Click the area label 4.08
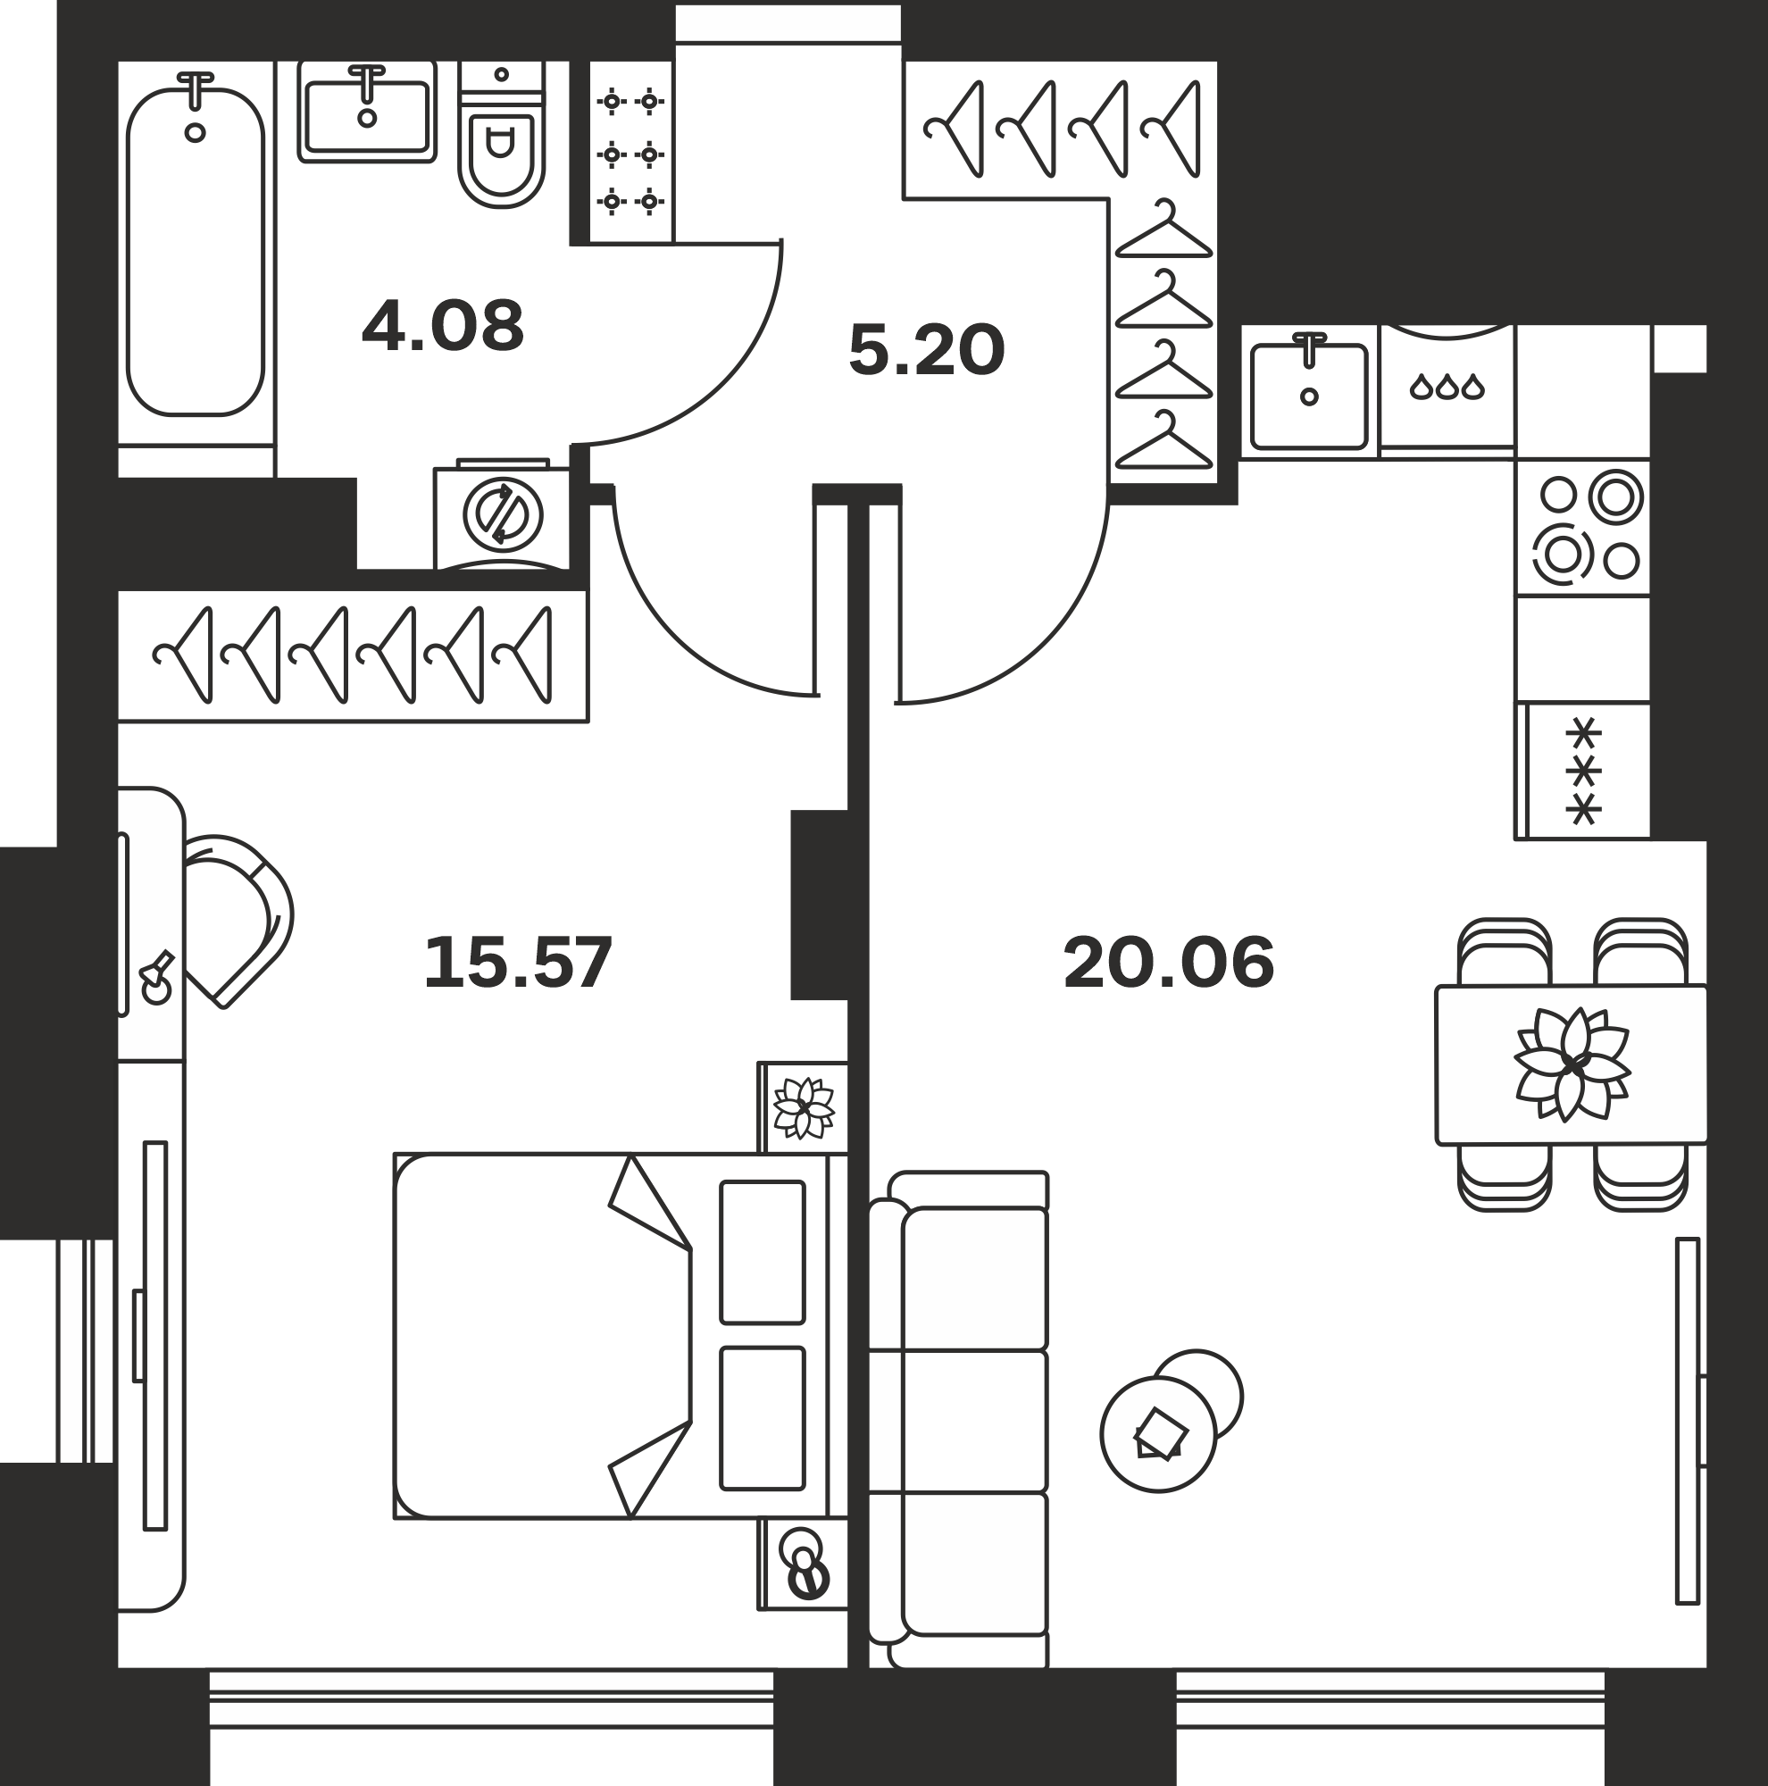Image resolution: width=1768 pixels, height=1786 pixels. pyautogui.click(x=443, y=326)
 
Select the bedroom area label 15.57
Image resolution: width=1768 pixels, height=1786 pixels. pyautogui.click(x=518, y=964)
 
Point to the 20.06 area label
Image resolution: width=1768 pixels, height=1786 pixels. pyautogui.click(x=1169, y=964)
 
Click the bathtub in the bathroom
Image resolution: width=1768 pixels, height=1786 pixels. pyautogui.click(x=196, y=252)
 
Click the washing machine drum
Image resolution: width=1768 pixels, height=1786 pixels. pyautogui.click(x=503, y=515)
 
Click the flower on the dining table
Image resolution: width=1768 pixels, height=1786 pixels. pyautogui.click(x=1572, y=1065)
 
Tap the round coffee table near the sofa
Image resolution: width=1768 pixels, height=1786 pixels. pyautogui.click(x=1159, y=1434)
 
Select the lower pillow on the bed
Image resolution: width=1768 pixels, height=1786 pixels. pyautogui.click(x=763, y=1418)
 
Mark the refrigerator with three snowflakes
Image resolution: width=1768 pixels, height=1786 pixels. pyautogui.click(x=1583, y=771)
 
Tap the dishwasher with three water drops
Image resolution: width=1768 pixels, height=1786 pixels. pyautogui.click(x=1447, y=389)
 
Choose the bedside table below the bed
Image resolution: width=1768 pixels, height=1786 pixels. pyautogui.click(x=803, y=1577)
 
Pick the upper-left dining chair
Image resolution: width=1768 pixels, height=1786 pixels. pyautogui.click(x=1505, y=952)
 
